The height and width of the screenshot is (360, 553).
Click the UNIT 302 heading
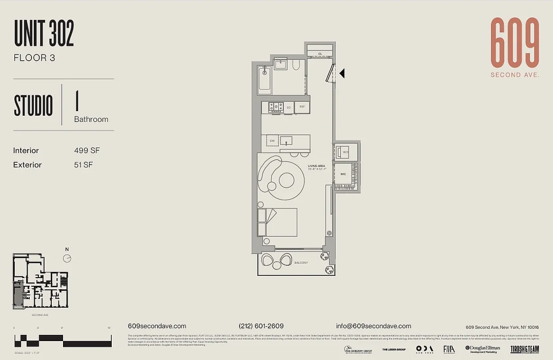(44, 34)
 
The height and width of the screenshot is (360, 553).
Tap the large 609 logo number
(515, 43)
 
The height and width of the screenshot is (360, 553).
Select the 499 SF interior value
(87, 151)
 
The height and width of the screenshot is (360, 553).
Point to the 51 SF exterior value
(83, 165)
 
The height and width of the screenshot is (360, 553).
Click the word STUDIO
(33, 106)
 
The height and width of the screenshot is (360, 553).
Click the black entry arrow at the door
(342, 73)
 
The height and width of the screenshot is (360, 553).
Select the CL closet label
(320, 54)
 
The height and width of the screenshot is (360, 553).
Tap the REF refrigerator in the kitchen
(302, 107)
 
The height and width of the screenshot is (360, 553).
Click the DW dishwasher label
(272, 141)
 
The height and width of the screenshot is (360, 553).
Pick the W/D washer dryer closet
(345, 152)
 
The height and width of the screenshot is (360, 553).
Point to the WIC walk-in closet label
(343, 174)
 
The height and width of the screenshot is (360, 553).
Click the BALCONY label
(301, 263)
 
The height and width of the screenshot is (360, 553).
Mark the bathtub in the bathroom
(264, 80)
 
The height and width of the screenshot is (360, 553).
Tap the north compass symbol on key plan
(67, 258)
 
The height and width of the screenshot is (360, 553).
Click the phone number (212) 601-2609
(261, 326)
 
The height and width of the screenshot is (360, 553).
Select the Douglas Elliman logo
(482, 349)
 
